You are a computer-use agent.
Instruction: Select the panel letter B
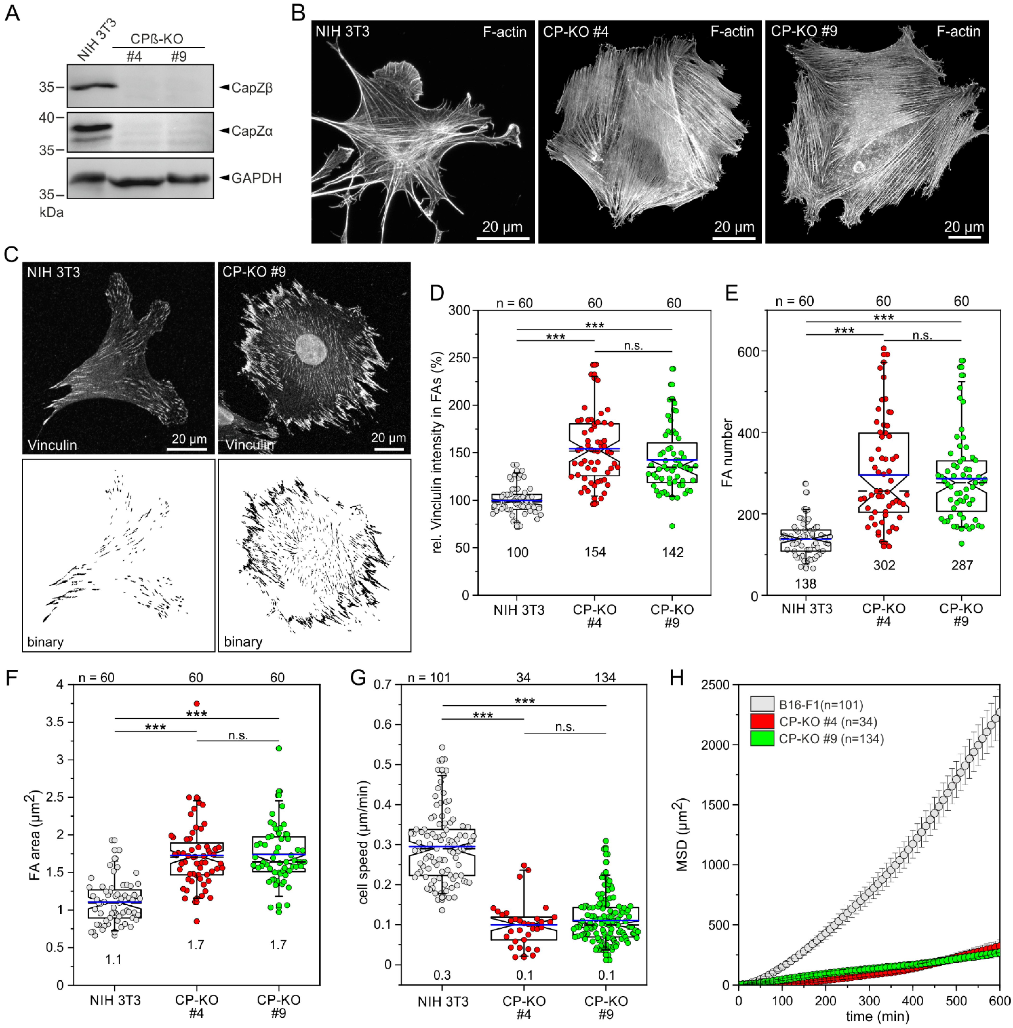298,13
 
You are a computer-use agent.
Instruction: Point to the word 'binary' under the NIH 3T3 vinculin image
45,642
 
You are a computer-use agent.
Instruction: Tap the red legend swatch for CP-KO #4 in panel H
762,721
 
